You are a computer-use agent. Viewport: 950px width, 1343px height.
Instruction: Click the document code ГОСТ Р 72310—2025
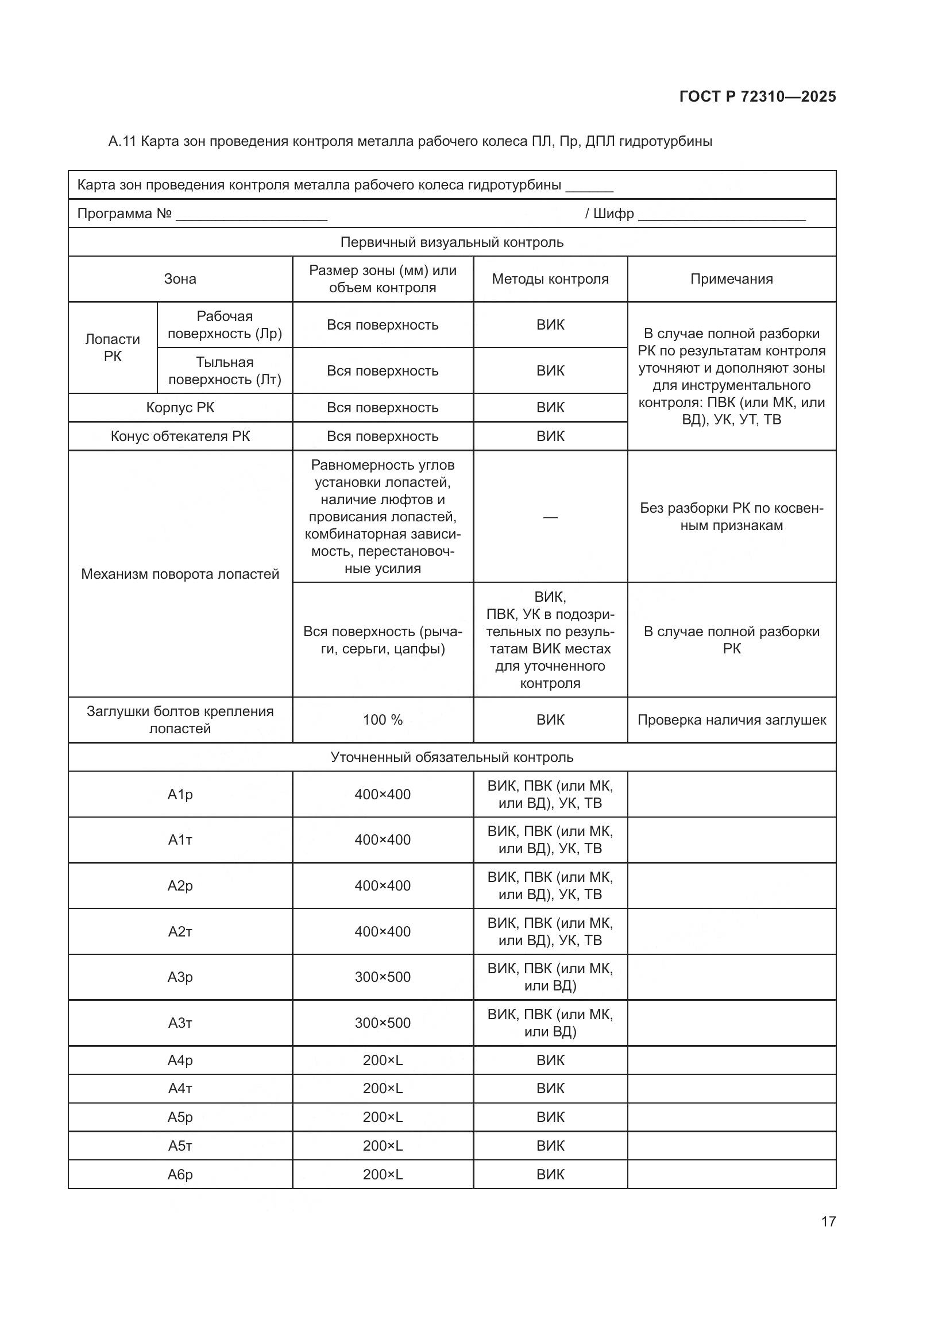click(757, 96)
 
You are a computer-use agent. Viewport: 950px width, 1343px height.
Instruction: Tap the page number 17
click(828, 1221)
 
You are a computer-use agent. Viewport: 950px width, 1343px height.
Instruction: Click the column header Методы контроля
click(550, 279)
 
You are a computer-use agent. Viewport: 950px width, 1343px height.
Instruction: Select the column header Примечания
click(731, 279)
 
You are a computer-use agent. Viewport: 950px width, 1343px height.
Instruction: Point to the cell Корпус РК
click(180, 408)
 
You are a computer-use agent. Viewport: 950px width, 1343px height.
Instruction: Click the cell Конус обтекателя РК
click(180, 436)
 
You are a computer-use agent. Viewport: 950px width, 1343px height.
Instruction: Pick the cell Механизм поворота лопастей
click(180, 574)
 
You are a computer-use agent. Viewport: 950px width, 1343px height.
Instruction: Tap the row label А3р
click(180, 977)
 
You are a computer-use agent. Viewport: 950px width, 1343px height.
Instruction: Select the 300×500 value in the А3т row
click(383, 1023)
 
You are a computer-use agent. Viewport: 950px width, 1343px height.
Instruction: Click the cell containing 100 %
click(383, 720)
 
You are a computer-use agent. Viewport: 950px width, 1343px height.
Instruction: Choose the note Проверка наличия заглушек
click(731, 720)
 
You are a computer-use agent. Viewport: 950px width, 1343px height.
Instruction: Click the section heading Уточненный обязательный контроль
click(451, 757)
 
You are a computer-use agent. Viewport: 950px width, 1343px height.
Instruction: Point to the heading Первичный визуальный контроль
click(451, 242)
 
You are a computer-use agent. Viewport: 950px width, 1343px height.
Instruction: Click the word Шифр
click(613, 214)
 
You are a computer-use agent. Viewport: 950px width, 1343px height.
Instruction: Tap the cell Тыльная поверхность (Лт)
click(225, 371)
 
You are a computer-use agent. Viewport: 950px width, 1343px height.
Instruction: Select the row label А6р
click(180, 1175)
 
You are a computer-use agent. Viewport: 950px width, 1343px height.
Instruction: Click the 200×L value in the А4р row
click(383, 1060)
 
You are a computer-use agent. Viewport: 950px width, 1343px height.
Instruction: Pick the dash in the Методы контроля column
click(550, 517)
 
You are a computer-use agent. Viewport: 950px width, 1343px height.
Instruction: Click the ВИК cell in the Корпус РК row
click(550, 408)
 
